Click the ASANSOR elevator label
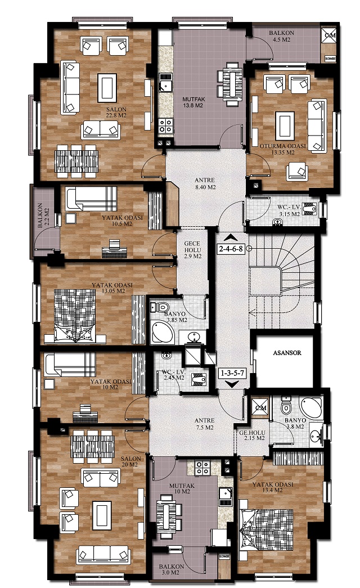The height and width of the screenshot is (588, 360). tap(287, 353)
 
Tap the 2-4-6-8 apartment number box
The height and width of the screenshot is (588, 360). tap(231, 248)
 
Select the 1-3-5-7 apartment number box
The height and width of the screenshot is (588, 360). tap(232, 373)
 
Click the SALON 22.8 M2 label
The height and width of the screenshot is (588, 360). tap(116, 113)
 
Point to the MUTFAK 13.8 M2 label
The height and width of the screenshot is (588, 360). tap(193, 102)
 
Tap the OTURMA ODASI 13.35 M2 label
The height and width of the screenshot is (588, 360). tap(283, 149)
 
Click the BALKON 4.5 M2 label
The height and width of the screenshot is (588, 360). tap(282, 36)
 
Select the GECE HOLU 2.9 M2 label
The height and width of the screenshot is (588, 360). tap(192, 250)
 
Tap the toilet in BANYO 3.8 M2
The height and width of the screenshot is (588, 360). tap(286, 405)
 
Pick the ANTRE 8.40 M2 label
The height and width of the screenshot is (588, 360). tap(205, 184)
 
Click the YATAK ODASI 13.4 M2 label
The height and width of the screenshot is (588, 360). tap(273, 487)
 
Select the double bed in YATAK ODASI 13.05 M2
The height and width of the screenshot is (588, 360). tap(75, 316)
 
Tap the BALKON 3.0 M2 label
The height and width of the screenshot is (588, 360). tap(172, 569)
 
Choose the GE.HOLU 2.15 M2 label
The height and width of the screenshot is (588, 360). tap(252, 435)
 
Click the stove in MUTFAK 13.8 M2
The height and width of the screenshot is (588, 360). tap(165, 125)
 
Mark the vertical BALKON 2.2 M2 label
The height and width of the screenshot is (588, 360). tap(43, 216)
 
